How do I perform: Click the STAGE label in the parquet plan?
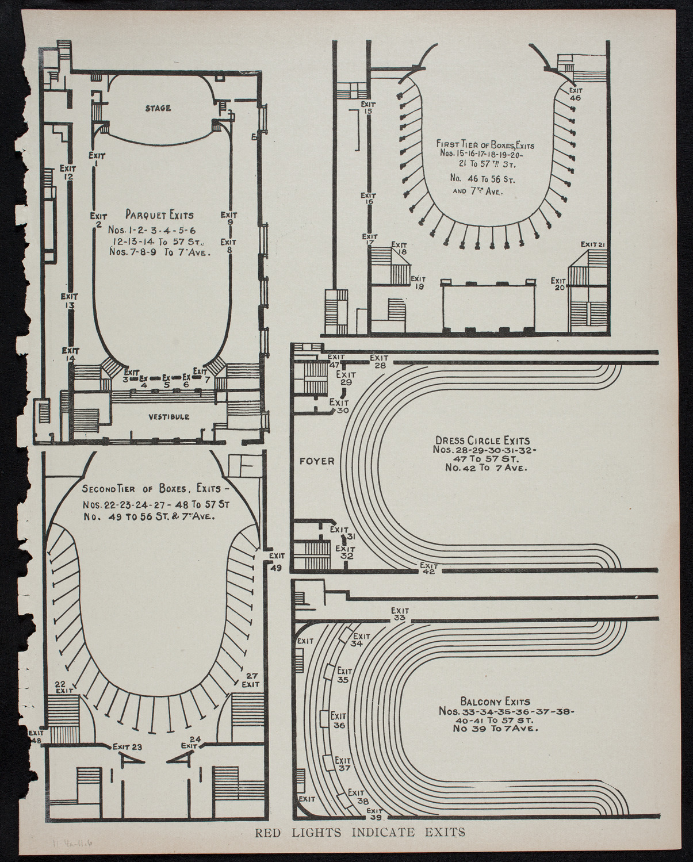click(x=158, y=108)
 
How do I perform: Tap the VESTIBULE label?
click(x=169, y=417)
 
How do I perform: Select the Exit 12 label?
click(x=68, y=173)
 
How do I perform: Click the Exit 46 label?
click(x=575, y=94)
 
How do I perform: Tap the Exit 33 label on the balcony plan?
click(x=399, y=614)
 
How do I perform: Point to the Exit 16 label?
click(x=368, y=198)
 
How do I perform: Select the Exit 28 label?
click(x=380, y=361)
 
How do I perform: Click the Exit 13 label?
click(x=69, y=301)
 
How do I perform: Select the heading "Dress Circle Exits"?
click(x=483, y=441)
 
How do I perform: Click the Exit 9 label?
click(x=229, y=219)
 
